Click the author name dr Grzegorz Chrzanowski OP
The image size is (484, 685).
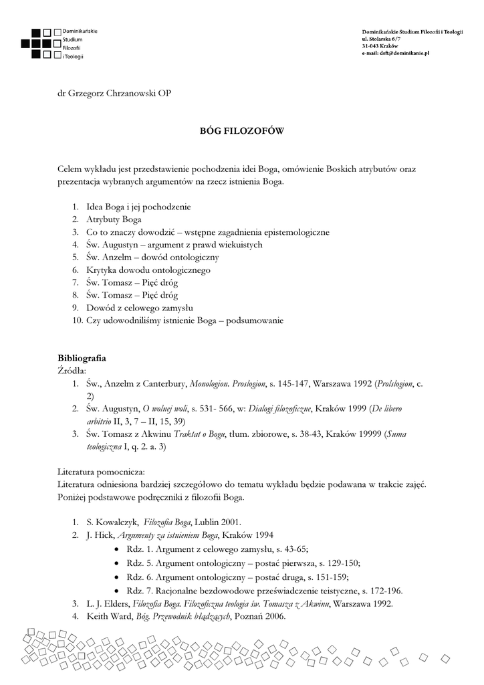(x=115, y=92)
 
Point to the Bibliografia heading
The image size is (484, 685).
(x=82, y=358)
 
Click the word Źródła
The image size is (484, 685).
(x=72, y=369)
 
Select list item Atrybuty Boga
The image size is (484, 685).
(x=113, y=219)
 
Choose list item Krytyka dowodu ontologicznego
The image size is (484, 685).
(x=148, y=270)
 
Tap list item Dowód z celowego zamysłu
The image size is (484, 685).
(x=139, y=308)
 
